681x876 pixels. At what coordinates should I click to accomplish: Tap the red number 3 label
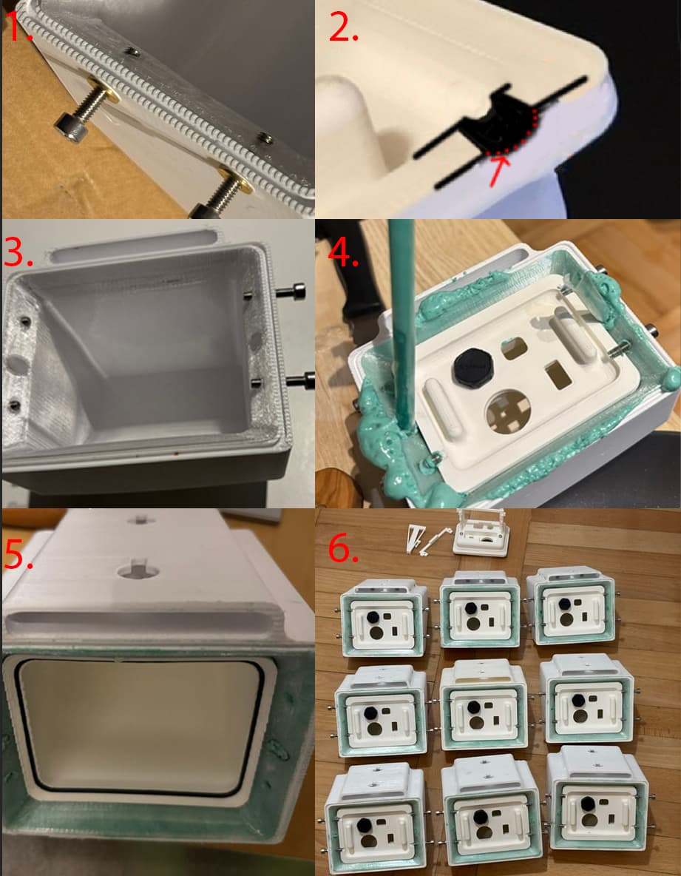(x=18, y=252)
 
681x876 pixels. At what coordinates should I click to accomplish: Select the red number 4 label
(x=343, y=252)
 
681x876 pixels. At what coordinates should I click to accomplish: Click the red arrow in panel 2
(x=498, y=170)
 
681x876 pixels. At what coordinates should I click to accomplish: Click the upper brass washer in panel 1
(x=104, y=90)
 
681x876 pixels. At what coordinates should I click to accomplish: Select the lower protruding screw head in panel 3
(x=300, y=381)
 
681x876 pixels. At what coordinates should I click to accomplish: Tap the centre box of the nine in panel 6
(x=482, y=704)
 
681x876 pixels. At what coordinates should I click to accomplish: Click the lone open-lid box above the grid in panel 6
(x=481, y=533)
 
